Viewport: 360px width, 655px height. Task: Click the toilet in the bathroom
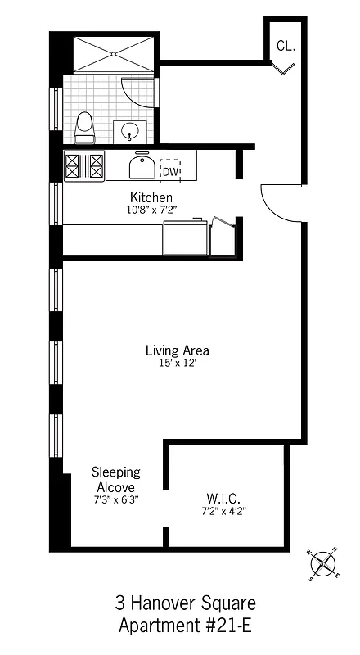tap(84, 127)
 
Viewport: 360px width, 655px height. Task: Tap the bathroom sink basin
tap(129, 130)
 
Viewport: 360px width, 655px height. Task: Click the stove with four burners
tap(84, 166)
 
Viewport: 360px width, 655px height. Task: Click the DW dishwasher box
tap(170, 170)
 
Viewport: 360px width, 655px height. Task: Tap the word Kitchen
tap(151, 198)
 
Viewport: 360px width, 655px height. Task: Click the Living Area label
tap(171, 350)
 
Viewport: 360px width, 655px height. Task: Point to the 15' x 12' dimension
tap(171, 364)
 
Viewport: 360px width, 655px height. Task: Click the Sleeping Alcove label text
tap(115, 480)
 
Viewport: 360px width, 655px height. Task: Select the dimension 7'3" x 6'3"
tap(115, 501)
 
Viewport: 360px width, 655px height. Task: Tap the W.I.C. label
tap(223, 498)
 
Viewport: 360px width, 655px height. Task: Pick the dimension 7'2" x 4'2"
tap(223, 511)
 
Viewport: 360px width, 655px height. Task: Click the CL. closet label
tap(286, 47)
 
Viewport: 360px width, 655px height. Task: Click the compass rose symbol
tap(324, 562)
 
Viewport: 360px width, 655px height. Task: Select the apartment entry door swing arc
tap(272, 196)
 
